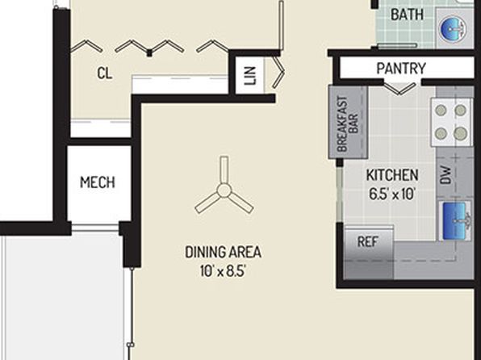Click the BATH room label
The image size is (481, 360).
click(407, 15)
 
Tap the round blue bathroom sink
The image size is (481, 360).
click(453, 29)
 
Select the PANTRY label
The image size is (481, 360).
click(401, 68)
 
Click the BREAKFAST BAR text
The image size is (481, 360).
click(348, 124)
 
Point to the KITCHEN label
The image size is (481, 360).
click(392, 175)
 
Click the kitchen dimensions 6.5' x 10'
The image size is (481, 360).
click(392, 194)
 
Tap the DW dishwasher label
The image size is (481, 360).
click(445, 175)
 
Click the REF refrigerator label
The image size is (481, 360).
click(368, 242)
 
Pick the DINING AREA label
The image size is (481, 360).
click(223, 253)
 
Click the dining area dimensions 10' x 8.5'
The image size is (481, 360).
click(223, 271)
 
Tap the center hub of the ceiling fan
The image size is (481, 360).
click(224, 190)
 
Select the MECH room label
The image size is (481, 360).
click(98, 182)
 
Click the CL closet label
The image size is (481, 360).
click(105, 73)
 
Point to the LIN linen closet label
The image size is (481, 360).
click(250, 76)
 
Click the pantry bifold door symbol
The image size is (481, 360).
click(399, 89)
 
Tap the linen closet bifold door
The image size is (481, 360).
click(278, 73)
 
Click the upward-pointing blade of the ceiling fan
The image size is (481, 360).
click(224, 170)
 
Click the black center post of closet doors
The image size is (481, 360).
click(149, 54)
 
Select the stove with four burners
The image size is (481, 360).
click(450, 122)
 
